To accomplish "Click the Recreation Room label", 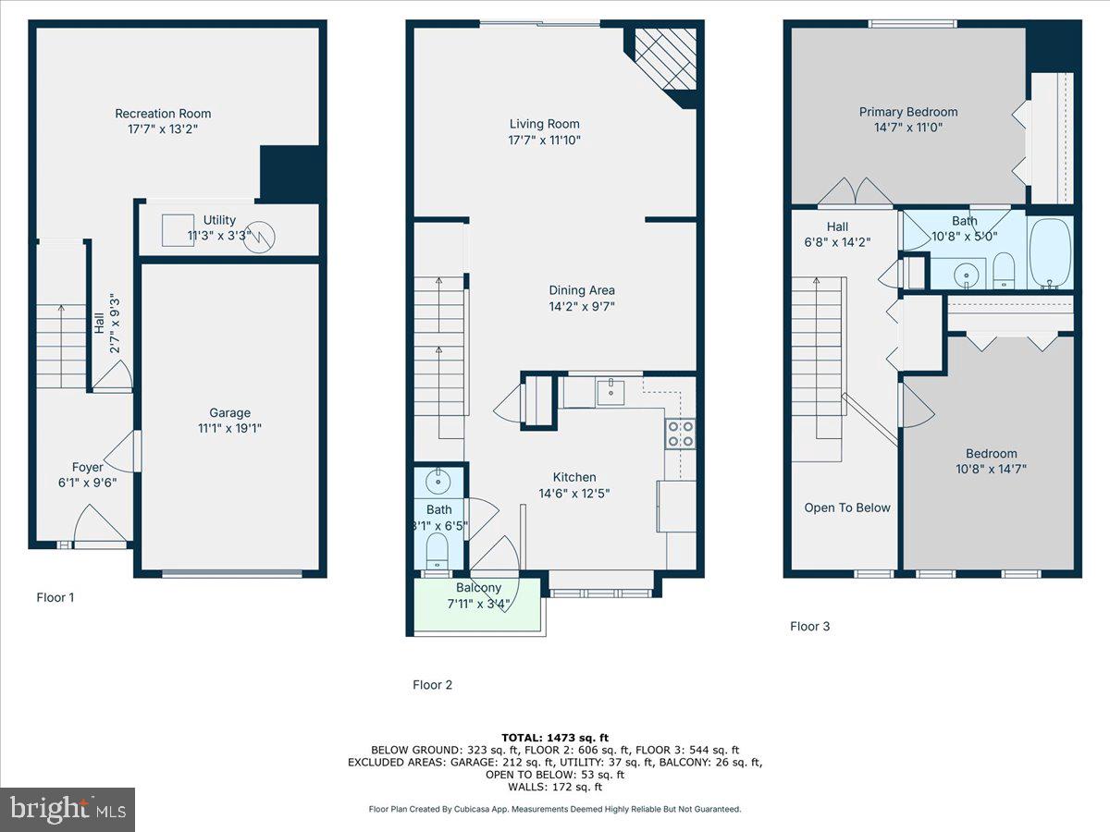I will (x=163, y=114).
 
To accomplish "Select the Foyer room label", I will (x=88, y=467).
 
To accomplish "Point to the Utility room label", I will (x=220, y=220).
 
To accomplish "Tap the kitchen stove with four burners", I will (x=680, y=434).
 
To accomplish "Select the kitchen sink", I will (x=610, y=392).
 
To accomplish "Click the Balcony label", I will (x=478, y=588).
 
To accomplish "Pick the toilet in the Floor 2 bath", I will (x=437, y=553).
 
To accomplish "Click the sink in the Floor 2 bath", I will (x=437, y=482).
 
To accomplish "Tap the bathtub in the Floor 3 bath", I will (x=1050, y=253).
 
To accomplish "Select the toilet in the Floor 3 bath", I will (x=1004, y=271).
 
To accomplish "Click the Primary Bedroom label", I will (x=907, y=112).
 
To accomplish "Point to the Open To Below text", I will (x=847, y=508).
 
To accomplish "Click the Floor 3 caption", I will (x=809, y=626).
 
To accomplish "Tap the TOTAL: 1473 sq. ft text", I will (x=555, y=737).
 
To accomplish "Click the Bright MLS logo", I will (x=68, y=809).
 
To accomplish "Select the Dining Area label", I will (x=582, y=290).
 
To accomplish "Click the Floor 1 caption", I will (x=55, y=597).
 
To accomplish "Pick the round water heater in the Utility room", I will (x=260, y=237).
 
